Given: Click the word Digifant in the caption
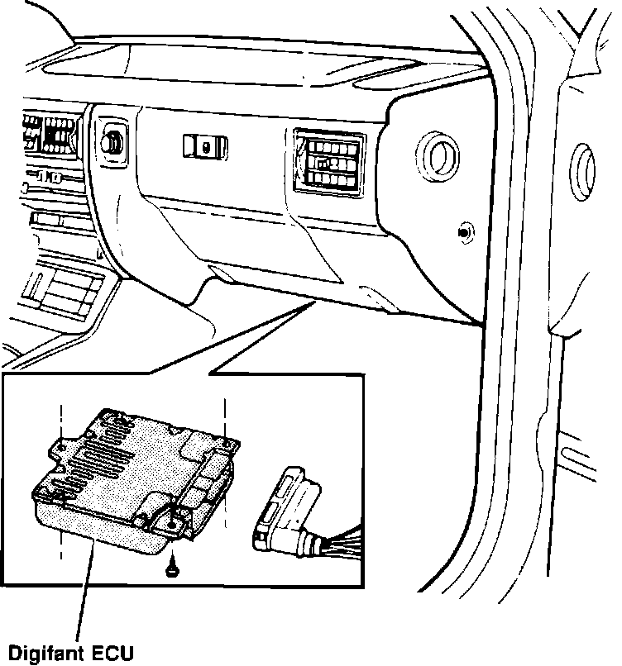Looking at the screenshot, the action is [x=42, y=650].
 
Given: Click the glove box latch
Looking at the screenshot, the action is [x=204, y=146].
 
